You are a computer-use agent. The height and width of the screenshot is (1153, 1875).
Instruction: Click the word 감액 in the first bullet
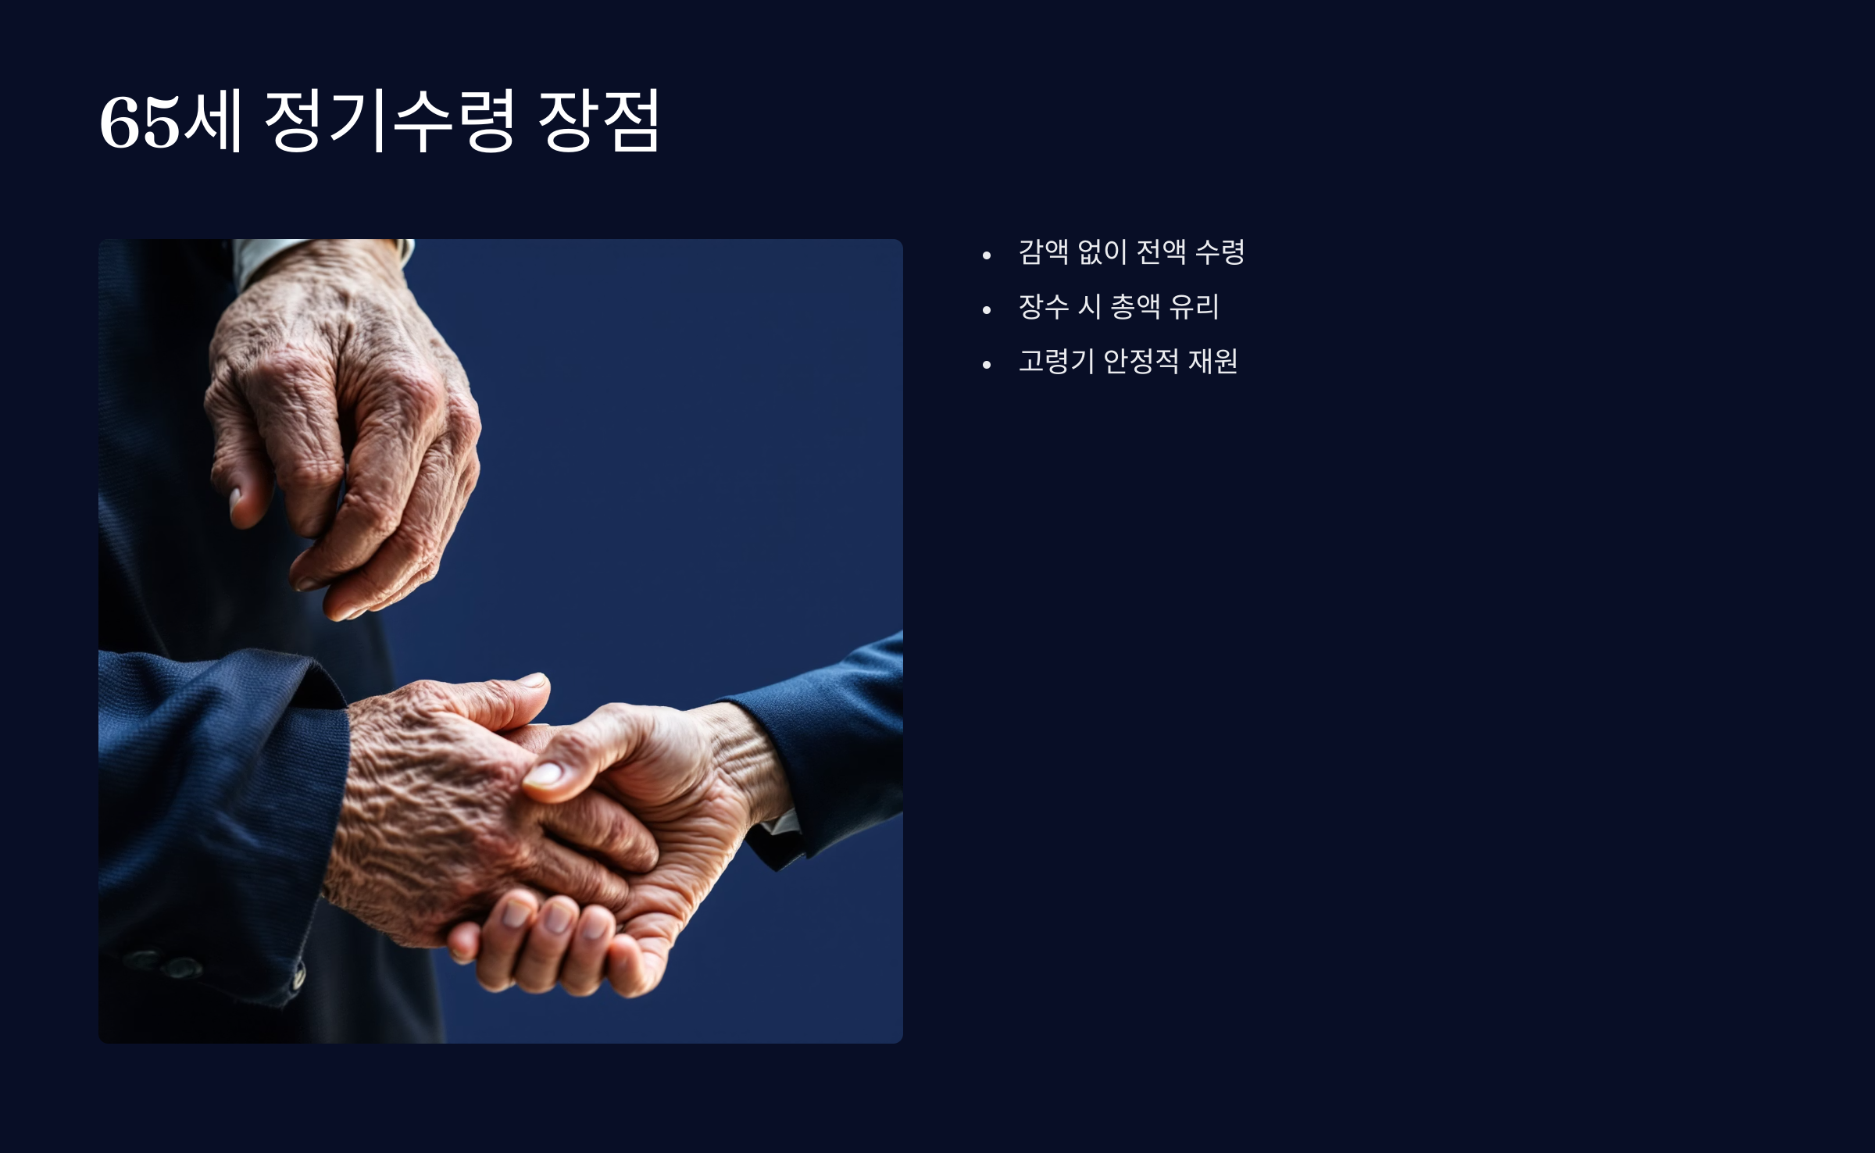1044,252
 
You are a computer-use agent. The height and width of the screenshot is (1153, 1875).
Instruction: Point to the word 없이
1102,252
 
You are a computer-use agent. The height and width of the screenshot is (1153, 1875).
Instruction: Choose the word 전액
1162,252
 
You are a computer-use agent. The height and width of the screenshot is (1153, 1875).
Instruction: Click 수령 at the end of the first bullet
1220,252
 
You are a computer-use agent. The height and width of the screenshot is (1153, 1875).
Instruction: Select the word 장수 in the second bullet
1044,306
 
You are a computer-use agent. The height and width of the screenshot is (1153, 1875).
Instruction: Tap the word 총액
1135,306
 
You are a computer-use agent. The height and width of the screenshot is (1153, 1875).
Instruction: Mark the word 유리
1195,306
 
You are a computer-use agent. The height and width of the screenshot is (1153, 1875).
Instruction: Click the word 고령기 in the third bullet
1056,361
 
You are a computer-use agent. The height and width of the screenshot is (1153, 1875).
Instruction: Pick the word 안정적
1141,361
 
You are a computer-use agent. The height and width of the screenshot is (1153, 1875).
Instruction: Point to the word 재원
1213,361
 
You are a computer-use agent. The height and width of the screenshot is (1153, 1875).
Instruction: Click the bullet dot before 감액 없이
987,255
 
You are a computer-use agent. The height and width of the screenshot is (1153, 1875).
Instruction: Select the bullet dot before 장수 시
987,310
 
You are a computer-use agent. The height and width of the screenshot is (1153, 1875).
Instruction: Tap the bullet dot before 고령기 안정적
987,365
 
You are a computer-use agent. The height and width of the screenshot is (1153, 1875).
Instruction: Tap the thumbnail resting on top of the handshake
543,774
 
